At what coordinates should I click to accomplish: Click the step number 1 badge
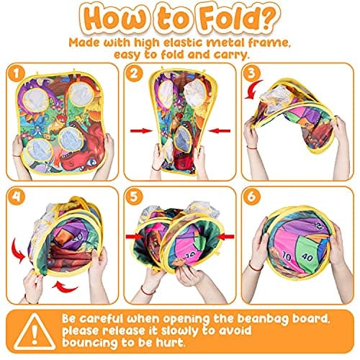pyautogui.click(x=16, y=73)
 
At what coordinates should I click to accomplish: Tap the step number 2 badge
pyautogui.click(x=134, y=73)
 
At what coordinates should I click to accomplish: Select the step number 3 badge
pyautogui.click(x=251, y=73)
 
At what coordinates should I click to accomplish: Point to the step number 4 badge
pyautogui.click(x=16, y=197)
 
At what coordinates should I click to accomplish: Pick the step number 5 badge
pyautogui.click(x=134, y=197)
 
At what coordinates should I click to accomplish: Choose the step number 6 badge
pyautogui.click(x=251, y=197)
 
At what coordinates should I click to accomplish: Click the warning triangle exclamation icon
pyautogui.click(x=35, y=332)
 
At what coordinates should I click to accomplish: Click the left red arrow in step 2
pyautogui.click(x=141, y=131)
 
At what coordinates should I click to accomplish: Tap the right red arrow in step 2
pyautogui.click(x=219, y=131)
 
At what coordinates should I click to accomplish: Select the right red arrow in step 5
pyautogui.click(x=226, y=237)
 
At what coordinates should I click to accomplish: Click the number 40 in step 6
pyautogui.click(x=307, y=258)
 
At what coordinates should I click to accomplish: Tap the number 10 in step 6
pyautogui.click(x=286, y=256)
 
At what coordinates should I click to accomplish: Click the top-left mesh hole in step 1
pyautogui.click(x=36, y=100)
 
